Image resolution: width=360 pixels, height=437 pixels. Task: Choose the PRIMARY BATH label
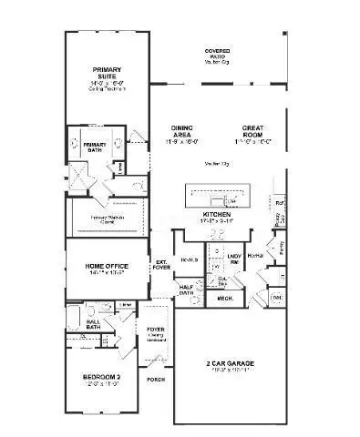(x=95, y=146)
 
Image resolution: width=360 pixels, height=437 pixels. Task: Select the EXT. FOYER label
(x=161, y=265)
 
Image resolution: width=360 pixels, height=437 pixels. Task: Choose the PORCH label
(x=156, y=379)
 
